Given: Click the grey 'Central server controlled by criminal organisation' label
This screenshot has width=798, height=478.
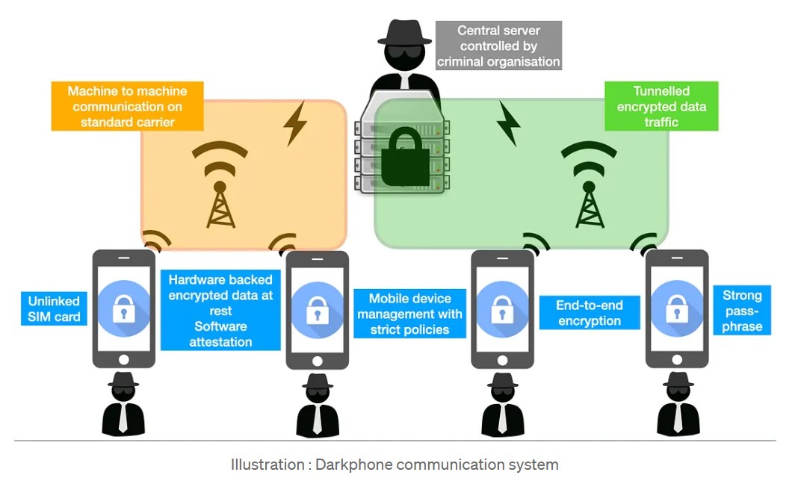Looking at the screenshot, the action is point(498,46).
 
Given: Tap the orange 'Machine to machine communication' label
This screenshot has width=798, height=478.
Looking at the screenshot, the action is point(127,106).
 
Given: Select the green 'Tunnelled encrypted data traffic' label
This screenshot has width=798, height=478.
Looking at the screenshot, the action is point(661,106).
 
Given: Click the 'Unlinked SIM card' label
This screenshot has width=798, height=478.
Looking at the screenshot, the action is point(54,308).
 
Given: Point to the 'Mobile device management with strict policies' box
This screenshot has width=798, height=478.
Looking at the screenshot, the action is point(409,314).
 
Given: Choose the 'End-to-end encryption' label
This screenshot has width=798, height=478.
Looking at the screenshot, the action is point(590,313).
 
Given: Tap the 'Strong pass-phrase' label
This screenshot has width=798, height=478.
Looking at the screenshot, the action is point(742,310).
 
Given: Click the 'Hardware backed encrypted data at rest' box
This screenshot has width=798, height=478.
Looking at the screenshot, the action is point(220,310).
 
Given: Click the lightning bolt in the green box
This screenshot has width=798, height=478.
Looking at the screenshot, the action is point(508,123).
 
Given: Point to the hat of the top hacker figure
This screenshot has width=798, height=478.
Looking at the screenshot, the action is point(404,33).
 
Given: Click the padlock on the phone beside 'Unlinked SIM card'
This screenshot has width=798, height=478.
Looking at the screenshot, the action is point(124,308).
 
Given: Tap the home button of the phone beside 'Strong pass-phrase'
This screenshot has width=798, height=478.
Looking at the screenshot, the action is point(677,360).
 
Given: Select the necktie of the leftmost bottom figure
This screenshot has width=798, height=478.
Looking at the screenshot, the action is point(123,418).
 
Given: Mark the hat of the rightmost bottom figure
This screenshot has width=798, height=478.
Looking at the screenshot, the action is point(678,380).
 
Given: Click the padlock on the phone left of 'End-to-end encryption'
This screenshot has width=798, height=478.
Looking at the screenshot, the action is point(502,308).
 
